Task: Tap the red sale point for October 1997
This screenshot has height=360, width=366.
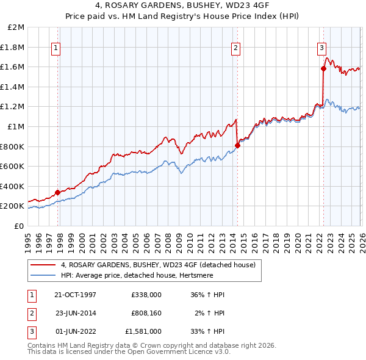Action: point(58,192)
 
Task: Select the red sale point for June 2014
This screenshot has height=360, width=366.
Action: point(237,145)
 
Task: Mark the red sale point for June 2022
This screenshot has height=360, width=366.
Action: point(323,69)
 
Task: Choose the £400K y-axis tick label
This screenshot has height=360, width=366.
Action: point(13,186)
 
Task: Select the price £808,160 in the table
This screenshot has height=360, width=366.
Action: point(146,313)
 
